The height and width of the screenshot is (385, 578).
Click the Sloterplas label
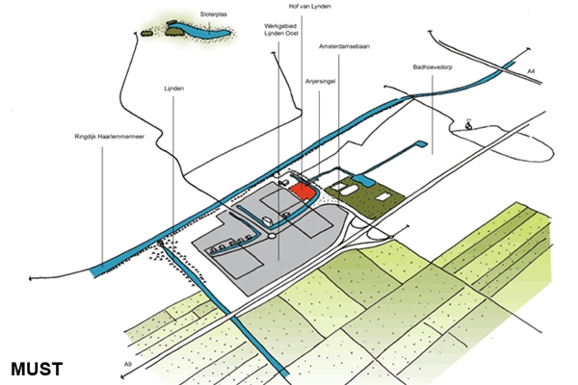[x=214, y=14]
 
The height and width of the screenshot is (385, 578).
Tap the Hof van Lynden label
[x=309, y=7]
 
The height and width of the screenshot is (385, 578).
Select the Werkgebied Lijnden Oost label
[x=281, y=30]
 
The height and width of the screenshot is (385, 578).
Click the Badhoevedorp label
[x=433, y=67]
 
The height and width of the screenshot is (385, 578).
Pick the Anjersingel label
[x=321, y=82]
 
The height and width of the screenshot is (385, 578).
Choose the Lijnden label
[x=174, y=89]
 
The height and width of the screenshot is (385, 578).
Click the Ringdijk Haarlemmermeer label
[x=110, y=137]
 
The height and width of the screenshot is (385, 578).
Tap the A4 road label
[x=531, y=71]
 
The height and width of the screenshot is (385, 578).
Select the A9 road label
[x=127, y=365]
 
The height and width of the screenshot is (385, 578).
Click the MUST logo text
[x=37, y=370]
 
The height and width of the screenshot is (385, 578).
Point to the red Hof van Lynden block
[x=303, y=192]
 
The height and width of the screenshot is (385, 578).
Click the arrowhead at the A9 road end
[x=122, y=376]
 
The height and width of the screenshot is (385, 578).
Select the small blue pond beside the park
[x=362, y=181]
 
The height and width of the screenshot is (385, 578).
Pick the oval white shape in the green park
[x=349, y=191]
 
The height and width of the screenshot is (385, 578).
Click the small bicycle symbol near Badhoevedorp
[x=468, y=124]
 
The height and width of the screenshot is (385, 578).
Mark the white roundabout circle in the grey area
[x=272, y=236]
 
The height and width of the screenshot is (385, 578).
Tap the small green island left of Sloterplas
[x=146, y=34]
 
